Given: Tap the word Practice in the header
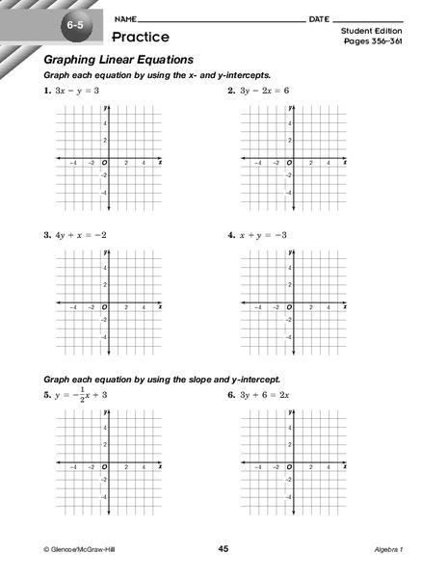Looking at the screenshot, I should tap(140, 38).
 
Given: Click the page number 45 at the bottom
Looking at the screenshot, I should tap(223, 548).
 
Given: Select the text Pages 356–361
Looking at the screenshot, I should tap(372, 43).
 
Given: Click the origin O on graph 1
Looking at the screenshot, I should tap(104, 163).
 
